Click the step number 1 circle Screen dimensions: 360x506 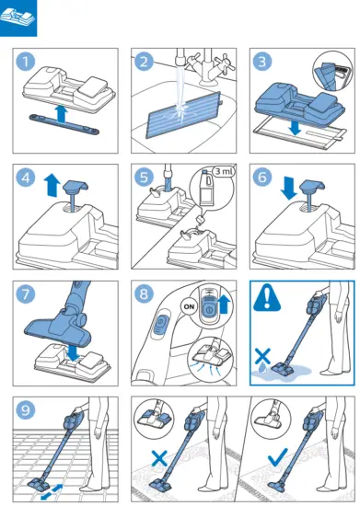coord(26,62)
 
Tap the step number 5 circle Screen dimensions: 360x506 coord(145,177)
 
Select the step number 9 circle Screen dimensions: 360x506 coord(26,410)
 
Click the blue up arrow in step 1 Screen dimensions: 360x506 coord(61,114)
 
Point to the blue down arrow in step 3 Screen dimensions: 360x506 coord(295,128)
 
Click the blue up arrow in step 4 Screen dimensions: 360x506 coord(52,185)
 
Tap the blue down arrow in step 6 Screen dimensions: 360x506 coord(289,188)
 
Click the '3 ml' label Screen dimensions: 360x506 coord(224,171)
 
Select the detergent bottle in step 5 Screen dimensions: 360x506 coord(205,188)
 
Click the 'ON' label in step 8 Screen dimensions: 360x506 coord(189,306)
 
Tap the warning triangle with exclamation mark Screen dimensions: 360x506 coord(267,298)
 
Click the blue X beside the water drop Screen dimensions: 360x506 coord(262,356)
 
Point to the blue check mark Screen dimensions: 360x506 coord(278,456)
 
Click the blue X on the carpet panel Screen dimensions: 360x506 coord(159,458)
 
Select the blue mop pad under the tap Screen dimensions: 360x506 coord(184,115)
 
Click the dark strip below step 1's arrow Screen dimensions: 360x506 coord(64,123)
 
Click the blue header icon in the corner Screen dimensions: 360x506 coord(18,18)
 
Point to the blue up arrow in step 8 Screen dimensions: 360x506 coord(225,305)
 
